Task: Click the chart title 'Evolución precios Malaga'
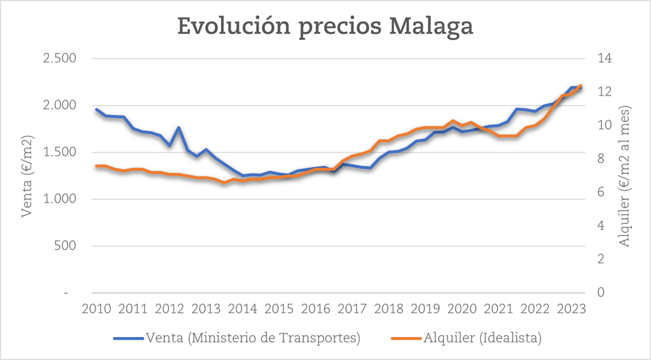pos(325,26)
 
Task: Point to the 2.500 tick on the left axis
pos(59,58)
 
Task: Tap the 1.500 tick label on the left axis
pos(59,152)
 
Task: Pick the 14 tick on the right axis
pos(603,58)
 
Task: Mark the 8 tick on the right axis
pos(599,159)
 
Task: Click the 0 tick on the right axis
pos(599,292)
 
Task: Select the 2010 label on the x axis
pos(96,309)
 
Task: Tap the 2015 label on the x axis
pos(278,309)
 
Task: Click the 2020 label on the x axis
pos(461,309)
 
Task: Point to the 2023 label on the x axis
pos(571,309)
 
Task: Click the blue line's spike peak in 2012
pos(178,127)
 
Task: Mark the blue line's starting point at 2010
pos(96,109)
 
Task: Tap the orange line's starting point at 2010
pos(96,166)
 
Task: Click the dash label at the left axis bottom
pos(66,292)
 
